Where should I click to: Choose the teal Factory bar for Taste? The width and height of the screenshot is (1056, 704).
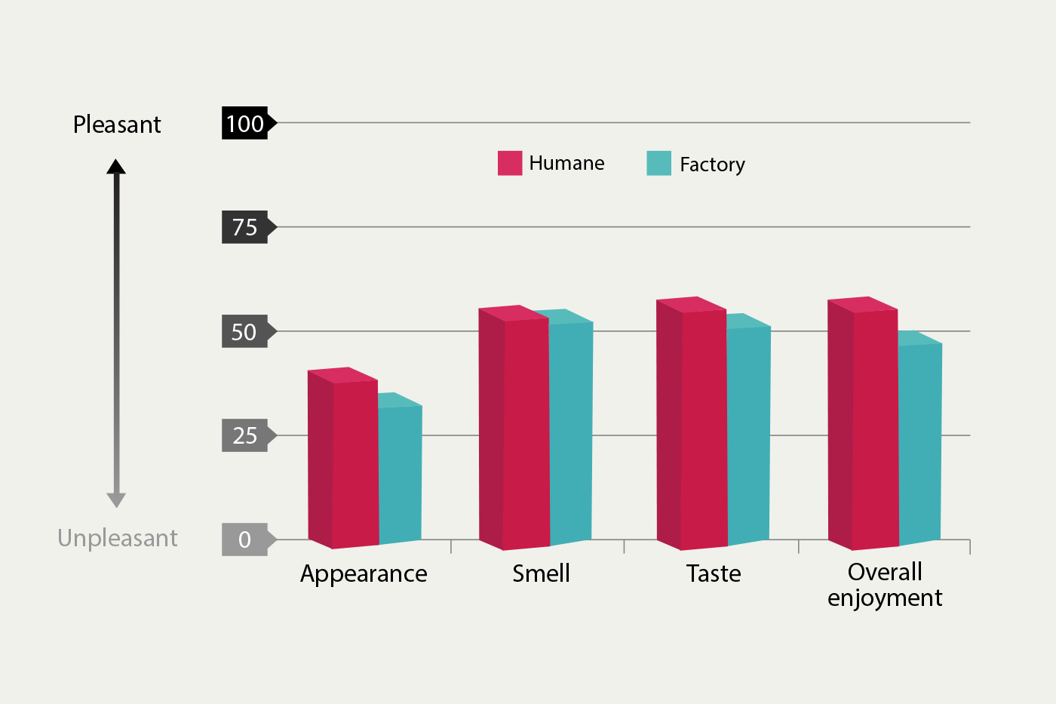coord(749,434)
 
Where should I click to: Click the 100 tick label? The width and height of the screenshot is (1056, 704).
coord(245,123)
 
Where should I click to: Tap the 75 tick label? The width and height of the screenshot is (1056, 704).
coord(245,227)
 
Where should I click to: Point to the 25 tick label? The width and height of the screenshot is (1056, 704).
coord(244,435)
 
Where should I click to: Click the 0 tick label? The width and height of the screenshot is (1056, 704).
coord(244,540)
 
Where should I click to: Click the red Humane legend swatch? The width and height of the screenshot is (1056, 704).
coord(510,163)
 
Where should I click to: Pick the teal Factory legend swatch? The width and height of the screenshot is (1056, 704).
coord(658,163)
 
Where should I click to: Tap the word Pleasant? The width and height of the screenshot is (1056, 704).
coord(117,125)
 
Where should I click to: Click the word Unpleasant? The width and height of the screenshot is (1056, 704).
coord(118,538)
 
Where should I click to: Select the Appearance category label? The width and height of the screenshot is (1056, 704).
coord(364,574)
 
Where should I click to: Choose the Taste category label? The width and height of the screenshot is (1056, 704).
coord(714,574)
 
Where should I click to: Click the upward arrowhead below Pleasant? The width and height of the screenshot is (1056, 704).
coord(116,167)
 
